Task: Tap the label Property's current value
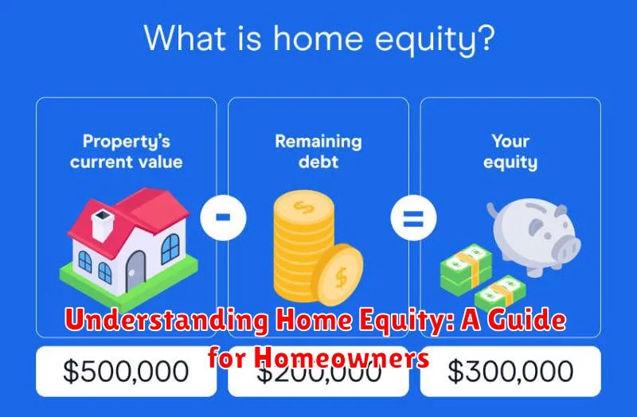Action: pos(126,151)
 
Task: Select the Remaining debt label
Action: pos(318,151)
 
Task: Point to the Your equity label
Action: pos(510,151)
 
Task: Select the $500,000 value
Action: pos(126,372)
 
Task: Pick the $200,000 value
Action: pos(318,372)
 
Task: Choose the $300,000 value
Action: pos(510,372)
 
